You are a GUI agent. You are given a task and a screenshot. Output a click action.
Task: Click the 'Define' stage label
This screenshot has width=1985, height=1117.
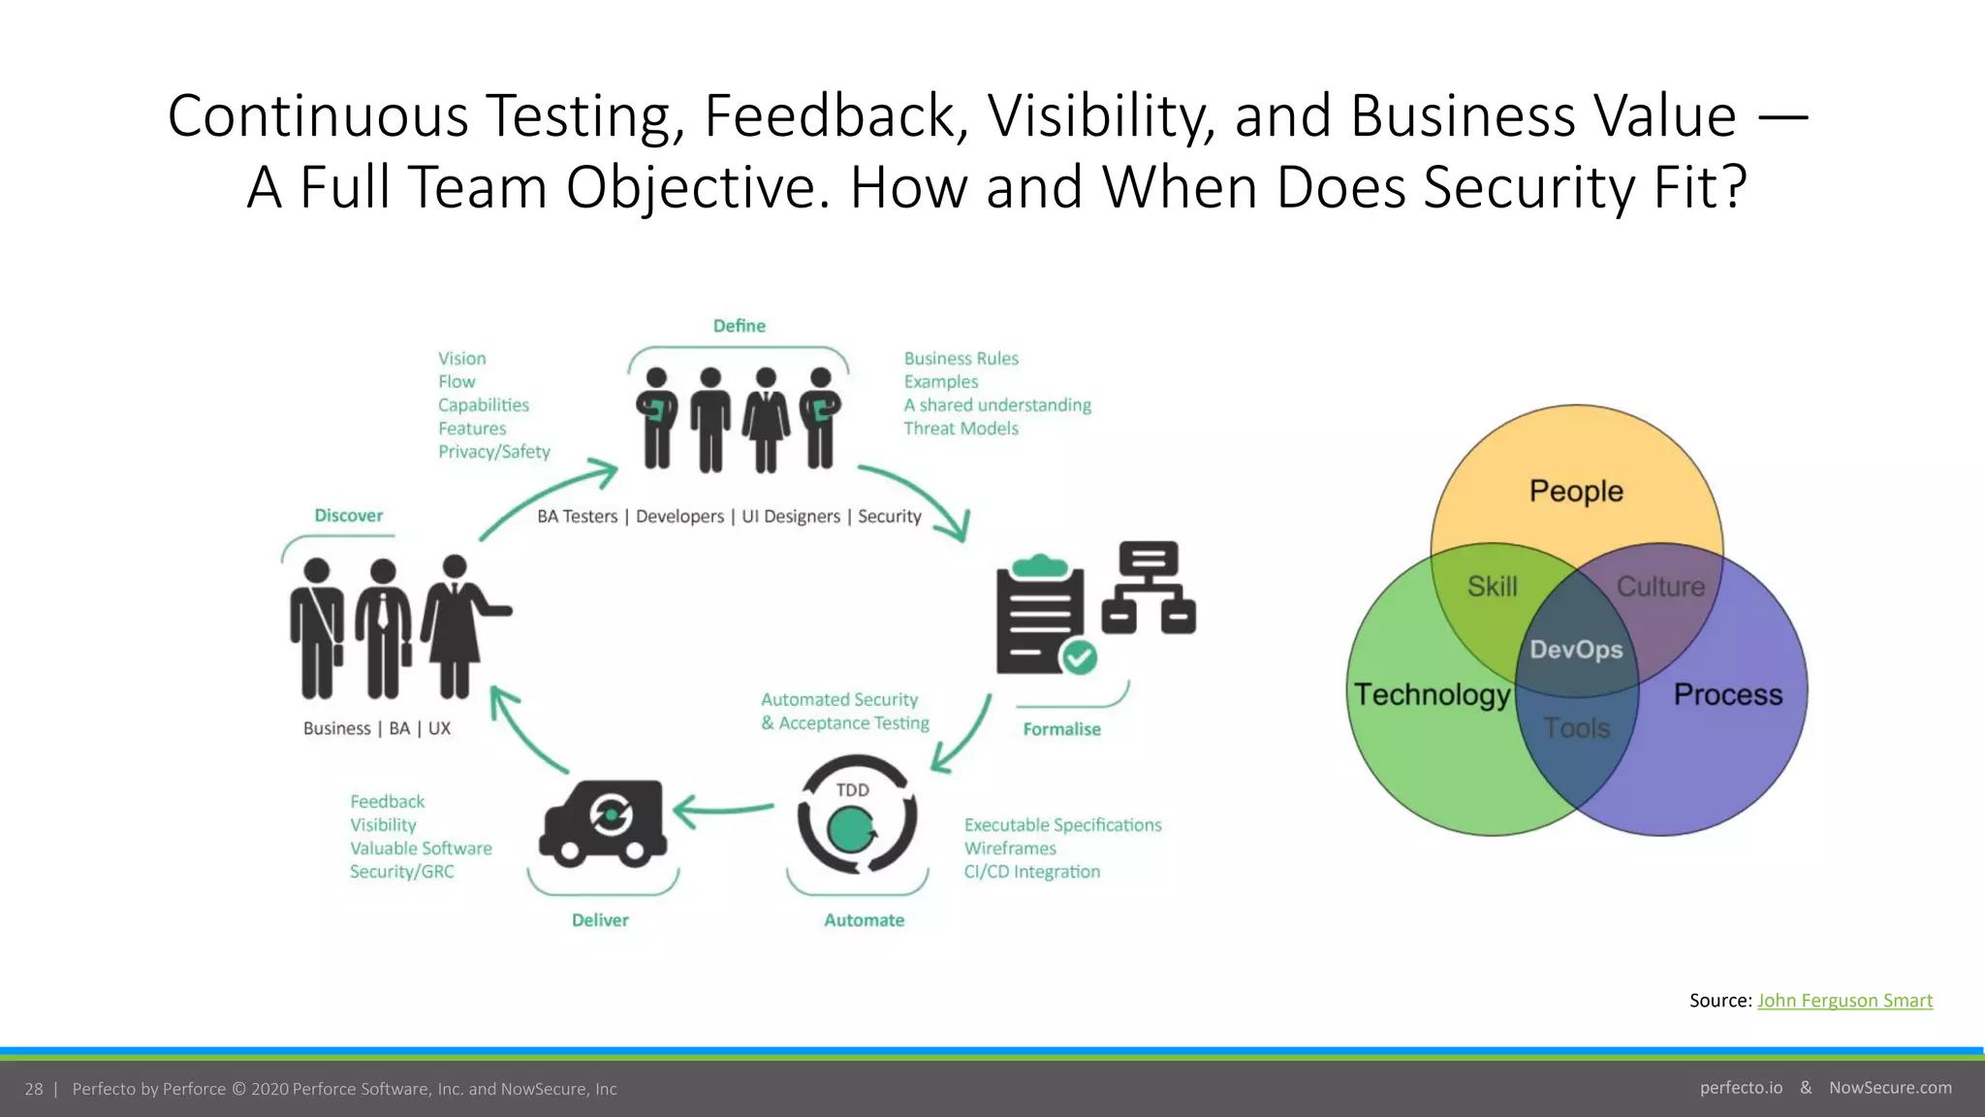click(x=739, y=326)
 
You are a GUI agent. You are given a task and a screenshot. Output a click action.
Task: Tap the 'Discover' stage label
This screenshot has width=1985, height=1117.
click(x=348, y=516)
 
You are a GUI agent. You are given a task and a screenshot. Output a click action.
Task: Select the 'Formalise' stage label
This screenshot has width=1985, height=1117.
click(x=1061, y=729)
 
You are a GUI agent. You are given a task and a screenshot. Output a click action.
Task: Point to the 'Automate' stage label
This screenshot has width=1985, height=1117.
click(x=864, y=920)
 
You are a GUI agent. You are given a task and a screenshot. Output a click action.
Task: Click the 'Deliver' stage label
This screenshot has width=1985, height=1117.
click(x=600, y=920)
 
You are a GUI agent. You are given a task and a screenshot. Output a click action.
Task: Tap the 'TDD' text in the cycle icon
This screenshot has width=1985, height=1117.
click(x=852, y=790)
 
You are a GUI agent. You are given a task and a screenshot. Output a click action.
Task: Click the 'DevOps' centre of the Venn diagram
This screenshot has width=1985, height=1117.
click(x=1576, y=650)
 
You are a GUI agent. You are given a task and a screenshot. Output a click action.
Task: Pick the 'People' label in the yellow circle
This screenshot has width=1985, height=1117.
click(x=1576, y=491)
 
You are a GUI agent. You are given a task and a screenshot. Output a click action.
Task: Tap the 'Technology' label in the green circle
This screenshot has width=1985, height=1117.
click(x=1432, y=694)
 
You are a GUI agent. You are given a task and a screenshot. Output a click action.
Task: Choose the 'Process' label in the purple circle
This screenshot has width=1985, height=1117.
click(x=1727, y=694)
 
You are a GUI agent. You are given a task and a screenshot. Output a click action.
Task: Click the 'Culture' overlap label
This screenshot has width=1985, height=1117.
click(x=1660, y=587)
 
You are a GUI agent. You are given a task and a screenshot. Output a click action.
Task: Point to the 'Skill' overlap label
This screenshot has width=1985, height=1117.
click(x=1492, y=587)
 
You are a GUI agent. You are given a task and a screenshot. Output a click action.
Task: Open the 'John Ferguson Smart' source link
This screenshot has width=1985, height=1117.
click(x=1844, y=1001)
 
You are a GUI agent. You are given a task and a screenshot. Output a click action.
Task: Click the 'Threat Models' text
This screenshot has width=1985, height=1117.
click(x=961, y=429)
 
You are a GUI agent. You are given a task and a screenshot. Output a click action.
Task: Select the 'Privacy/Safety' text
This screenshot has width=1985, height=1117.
click(x=493, y=452)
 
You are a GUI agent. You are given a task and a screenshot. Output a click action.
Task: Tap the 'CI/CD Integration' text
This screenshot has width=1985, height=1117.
click(x=1031, y=872)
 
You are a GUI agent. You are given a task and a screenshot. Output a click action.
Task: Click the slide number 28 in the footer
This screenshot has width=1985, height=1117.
click(x=34, y=1089)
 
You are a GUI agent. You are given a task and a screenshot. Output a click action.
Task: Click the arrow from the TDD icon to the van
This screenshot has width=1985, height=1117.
click(x=722, y=810)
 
